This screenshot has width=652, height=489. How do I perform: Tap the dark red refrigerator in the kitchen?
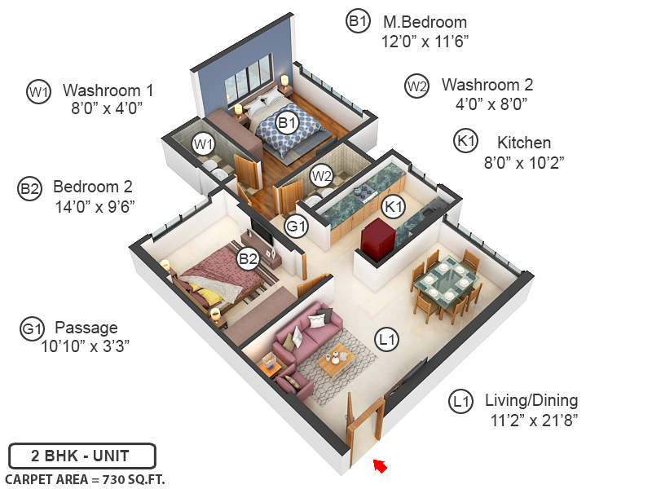pos(380,237)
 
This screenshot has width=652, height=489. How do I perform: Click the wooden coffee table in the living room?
pos(336,361)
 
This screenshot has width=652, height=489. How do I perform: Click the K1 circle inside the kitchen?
pos(394,207)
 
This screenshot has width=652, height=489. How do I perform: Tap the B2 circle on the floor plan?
pos(248,259)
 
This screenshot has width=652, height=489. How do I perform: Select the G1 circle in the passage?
pos(295,226)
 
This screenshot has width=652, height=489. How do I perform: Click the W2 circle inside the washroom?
pos(321,174)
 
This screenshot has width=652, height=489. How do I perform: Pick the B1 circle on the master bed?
pos(287,123)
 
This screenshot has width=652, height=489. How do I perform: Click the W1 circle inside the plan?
pos(204,144)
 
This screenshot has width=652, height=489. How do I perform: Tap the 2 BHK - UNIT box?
pos(82,455)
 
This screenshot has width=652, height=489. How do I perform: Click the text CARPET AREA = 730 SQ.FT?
pos(85,479)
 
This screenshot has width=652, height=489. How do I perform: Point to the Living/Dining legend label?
pos(531,400)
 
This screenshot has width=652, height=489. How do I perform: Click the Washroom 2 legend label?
pos(487,85)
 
